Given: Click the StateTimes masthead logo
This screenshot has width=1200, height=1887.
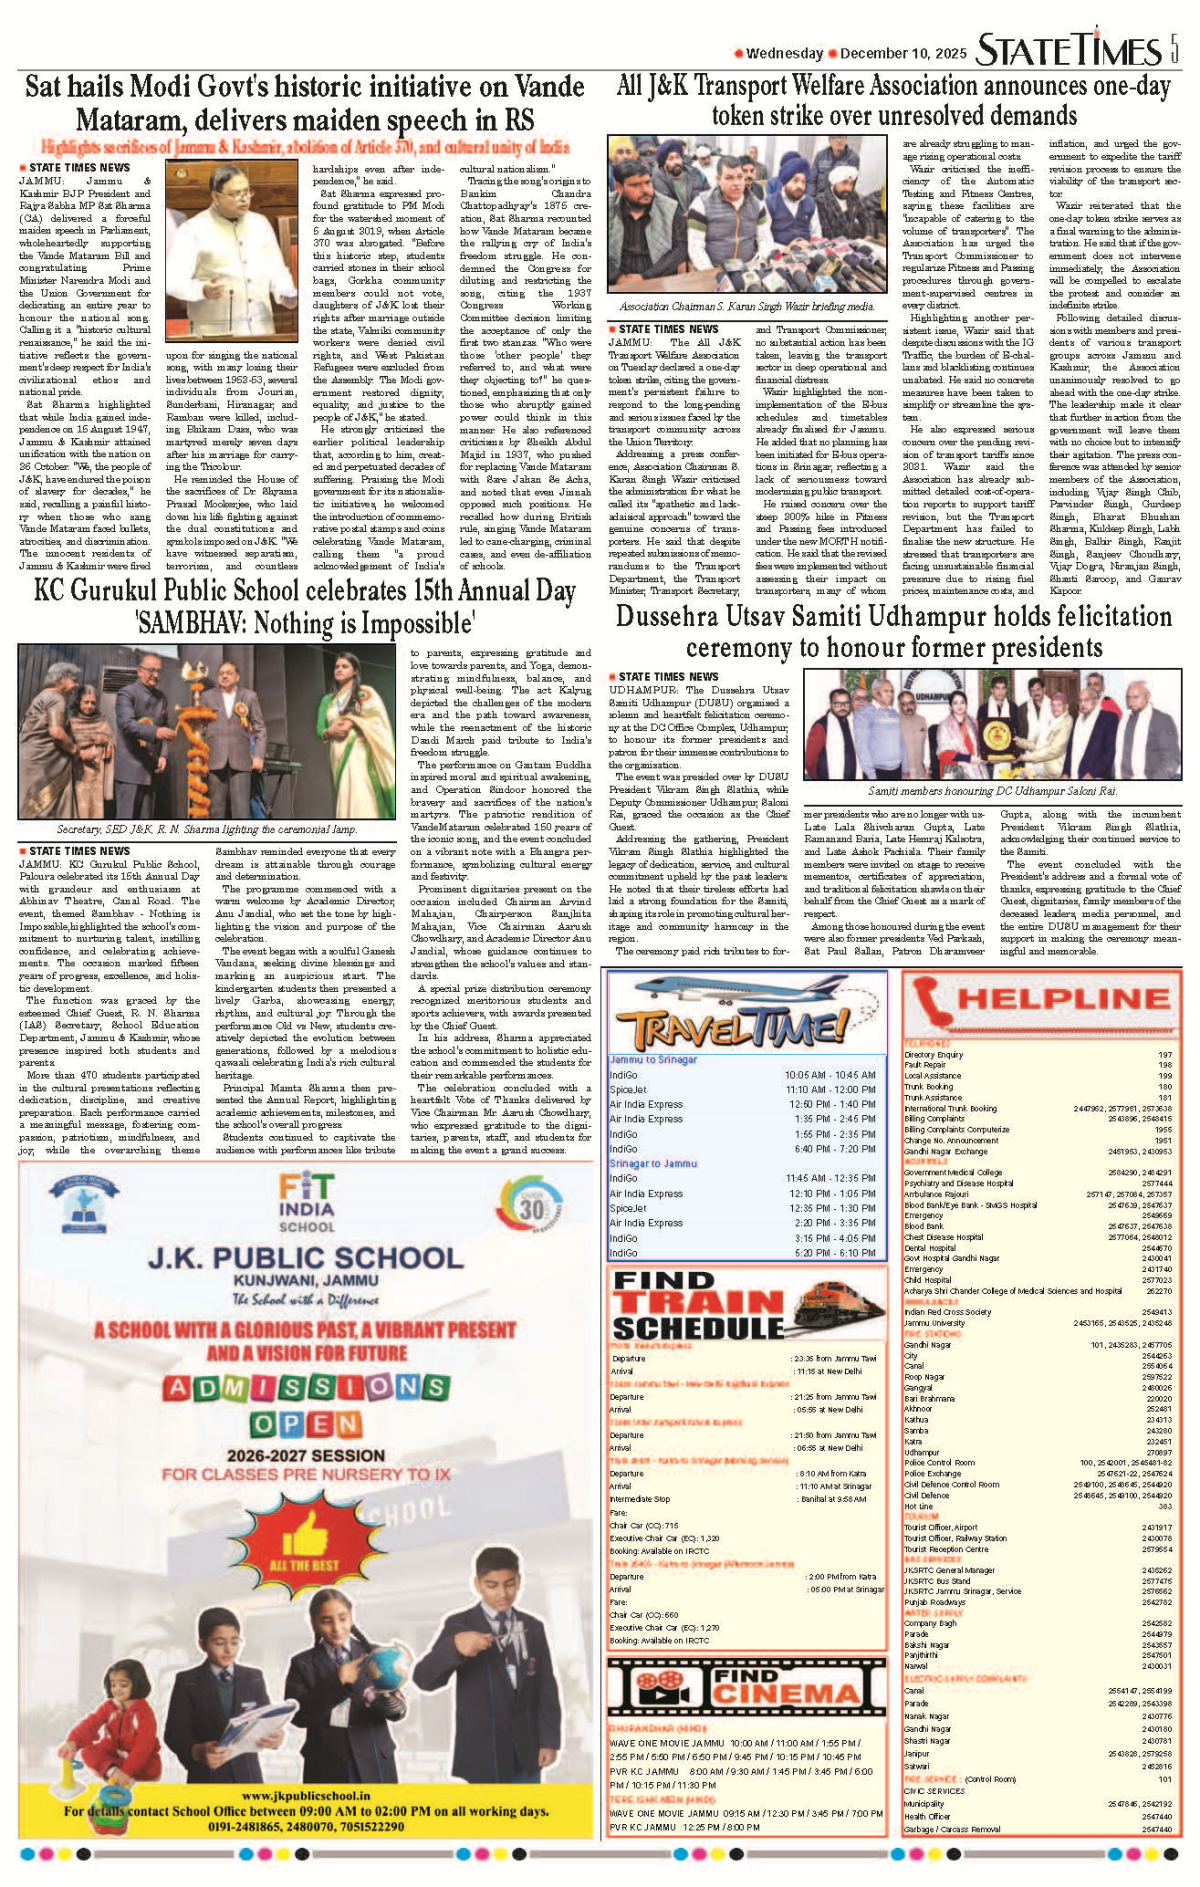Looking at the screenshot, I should click(x=1068, y=50).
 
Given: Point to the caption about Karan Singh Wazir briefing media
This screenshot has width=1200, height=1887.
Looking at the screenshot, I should click(x=746, y=307).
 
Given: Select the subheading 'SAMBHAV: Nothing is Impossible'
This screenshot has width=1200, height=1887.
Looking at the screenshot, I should click(x=305, y=624).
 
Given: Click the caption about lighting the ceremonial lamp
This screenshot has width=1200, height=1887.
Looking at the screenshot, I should click(x=207, y=829).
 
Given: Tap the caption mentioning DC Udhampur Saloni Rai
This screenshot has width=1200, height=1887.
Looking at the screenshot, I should click(x=992, y=791).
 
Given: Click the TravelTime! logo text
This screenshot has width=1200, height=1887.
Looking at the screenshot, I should click(x=730, y=1027).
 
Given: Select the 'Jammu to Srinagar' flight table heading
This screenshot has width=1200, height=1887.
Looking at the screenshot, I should click(x=653, y=1059).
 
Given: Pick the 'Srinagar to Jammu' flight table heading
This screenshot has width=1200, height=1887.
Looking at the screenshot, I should click(x=653, y=1163).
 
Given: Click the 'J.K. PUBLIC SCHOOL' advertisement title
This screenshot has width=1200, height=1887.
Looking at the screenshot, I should click(x=305, y=1257).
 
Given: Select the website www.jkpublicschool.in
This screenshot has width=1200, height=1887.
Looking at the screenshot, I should click(x=306, y=1796).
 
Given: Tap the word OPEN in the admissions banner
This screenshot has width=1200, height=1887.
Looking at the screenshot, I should click(x=305, y=1424).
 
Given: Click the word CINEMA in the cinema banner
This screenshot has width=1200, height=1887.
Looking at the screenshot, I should click(x=784, y=1693).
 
